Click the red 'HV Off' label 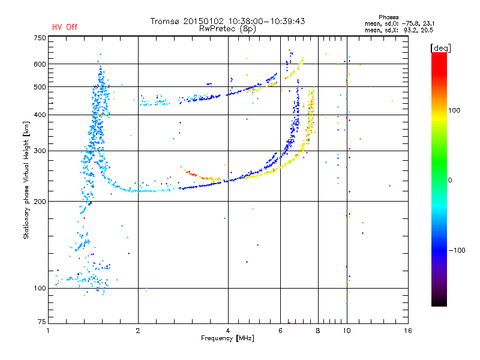[64, 27]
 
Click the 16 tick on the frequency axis [407, 331]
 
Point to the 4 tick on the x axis [228, 331]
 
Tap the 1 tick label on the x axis [48, 331]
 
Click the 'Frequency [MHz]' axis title [227, 338]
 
